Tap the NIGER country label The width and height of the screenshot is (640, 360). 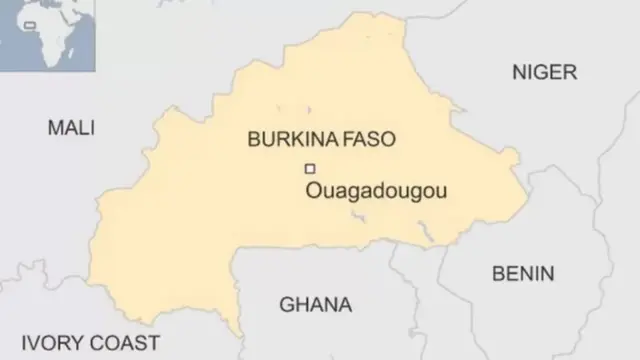tap(544, 72)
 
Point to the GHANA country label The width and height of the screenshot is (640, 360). tap(315, 304)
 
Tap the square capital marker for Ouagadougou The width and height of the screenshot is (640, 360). tap(310, 168)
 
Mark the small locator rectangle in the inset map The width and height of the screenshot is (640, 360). tap(31, 24)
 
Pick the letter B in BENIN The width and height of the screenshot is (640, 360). tap(497, 273)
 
